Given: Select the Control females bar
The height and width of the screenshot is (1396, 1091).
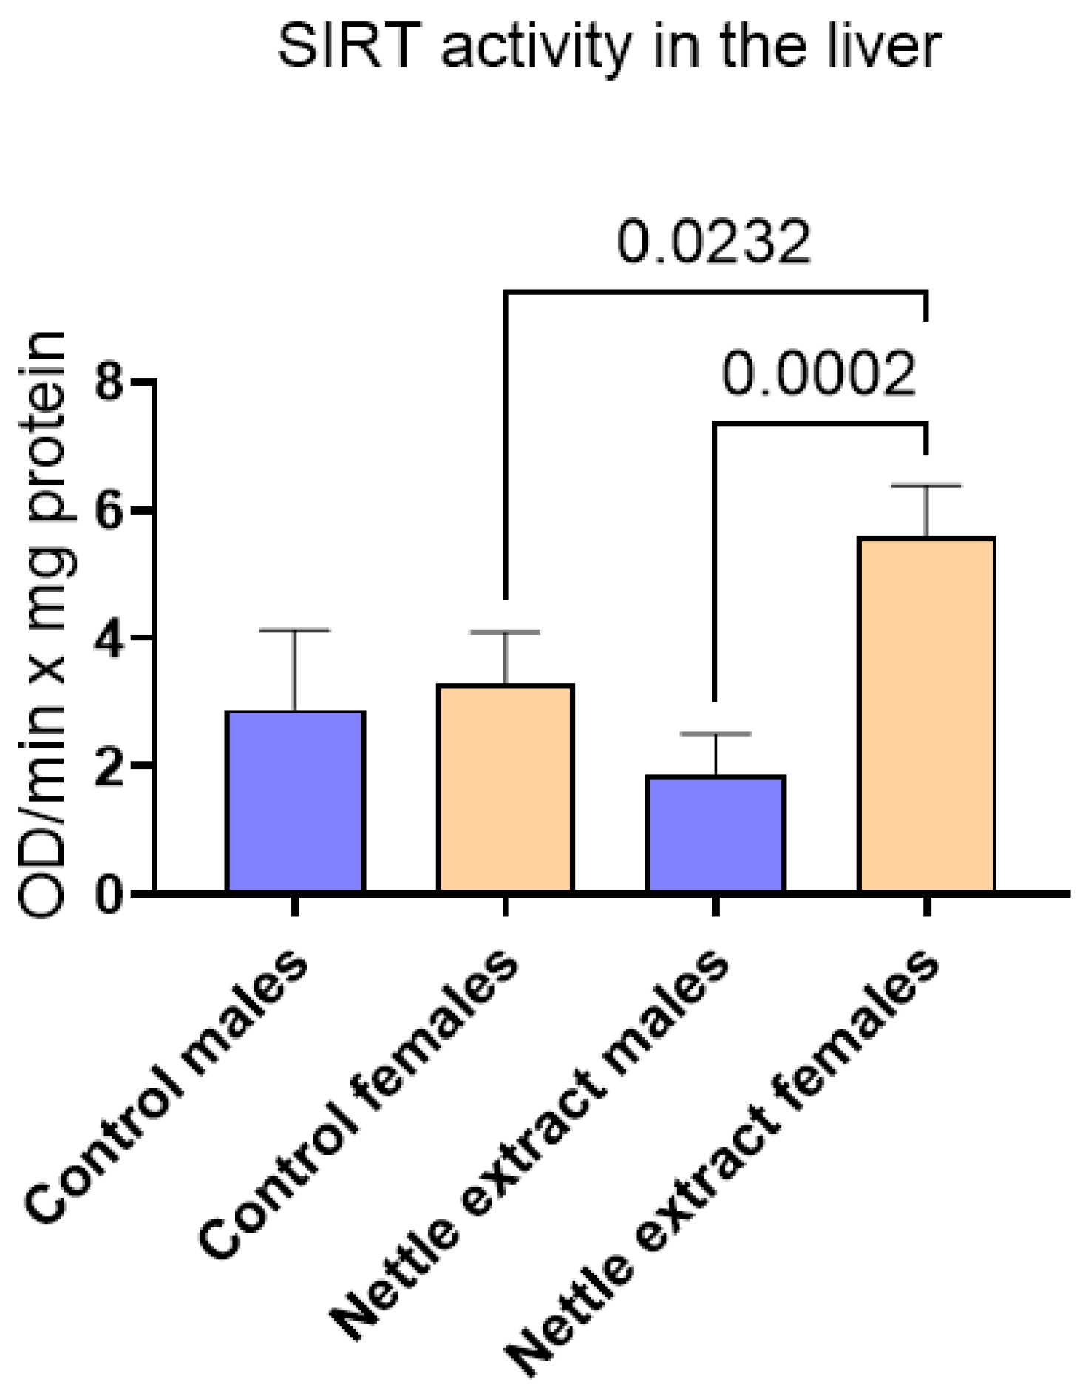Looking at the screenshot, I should [x=506, y=787].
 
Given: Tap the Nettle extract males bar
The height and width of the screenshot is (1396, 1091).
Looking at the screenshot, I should [x=715, y=833].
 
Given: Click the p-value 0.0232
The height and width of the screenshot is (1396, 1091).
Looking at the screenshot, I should [x=714, y=243].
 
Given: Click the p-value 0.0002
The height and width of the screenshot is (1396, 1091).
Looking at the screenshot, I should [x=819, y=374].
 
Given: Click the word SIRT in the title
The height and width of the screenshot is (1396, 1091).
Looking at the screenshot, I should [x=344, y=46].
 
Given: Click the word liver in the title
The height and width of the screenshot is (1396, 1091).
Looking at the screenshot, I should [x=883, y=46].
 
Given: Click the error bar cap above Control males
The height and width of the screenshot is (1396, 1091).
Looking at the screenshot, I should [x=295, y=631].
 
